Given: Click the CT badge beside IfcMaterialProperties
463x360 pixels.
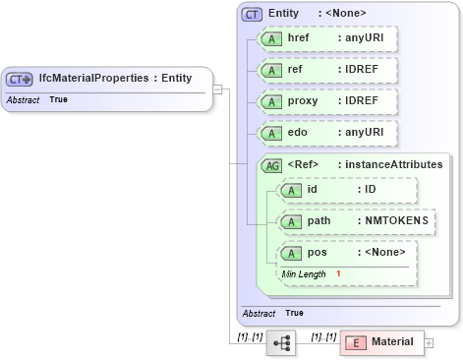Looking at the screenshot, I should (20, 78).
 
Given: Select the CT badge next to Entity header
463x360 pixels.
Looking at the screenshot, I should (253, 14).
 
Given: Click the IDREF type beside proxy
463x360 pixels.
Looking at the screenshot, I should (363, 101).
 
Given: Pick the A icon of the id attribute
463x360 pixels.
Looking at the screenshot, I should (291, 190).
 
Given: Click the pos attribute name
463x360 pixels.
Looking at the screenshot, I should (317, 252).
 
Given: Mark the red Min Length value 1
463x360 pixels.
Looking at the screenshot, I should (338, 272).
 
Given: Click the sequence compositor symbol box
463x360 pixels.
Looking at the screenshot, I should (281, 342).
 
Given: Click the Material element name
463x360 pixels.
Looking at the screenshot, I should (392, 342).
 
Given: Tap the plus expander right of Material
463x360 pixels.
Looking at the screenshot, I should (429, 342).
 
